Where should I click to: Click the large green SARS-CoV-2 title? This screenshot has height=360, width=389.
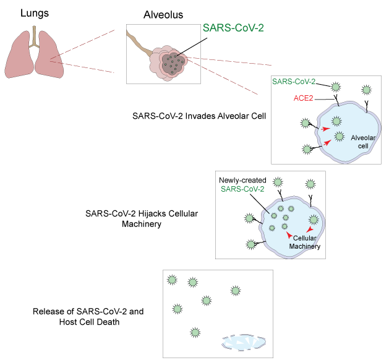(x=237, y=28)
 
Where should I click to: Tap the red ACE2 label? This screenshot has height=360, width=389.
(x=303, y=98)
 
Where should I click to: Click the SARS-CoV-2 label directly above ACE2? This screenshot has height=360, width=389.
(x=294, y=82)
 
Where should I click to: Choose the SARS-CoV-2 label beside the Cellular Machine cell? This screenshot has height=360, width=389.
(x=242, y=189)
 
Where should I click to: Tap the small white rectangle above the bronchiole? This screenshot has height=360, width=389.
(x=125, y=32)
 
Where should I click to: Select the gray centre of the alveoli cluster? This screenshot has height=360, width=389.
(x=172, y=62)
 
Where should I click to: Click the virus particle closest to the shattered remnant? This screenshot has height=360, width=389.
(x=195, y=332)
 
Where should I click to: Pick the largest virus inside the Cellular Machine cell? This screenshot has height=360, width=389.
(x=314, y=219)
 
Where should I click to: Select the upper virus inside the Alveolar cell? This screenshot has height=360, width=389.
(x=336, y=121)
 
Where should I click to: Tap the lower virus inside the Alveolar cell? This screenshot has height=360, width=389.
(x=338, y=135)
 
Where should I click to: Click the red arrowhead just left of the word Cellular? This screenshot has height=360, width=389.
(x=289, y=234)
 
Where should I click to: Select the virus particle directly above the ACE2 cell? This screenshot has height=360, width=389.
(x=336, y=87)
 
